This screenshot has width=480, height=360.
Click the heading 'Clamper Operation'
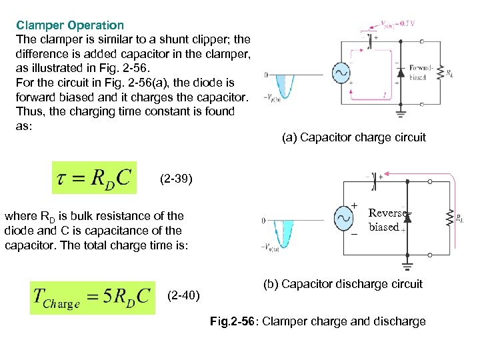coord(70,25)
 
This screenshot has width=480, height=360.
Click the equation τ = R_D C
coord(94,178)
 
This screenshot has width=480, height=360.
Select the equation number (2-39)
coord(177,179)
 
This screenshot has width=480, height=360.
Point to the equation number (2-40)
coord(183,294)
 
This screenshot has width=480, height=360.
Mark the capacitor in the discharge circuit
coord(375,177)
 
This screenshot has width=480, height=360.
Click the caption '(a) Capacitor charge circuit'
coord(353,137)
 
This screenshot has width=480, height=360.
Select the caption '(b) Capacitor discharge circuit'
coord(344,284)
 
